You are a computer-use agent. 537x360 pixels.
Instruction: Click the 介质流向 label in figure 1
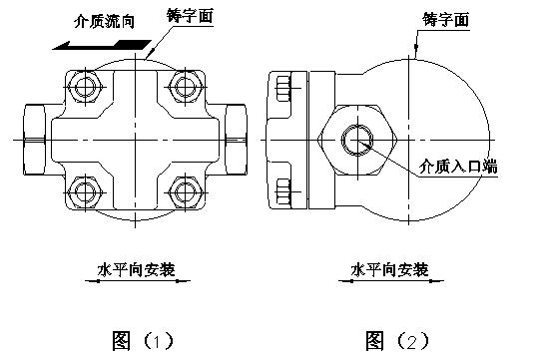(105, 19)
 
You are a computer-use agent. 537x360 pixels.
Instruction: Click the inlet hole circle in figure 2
(355, 142)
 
